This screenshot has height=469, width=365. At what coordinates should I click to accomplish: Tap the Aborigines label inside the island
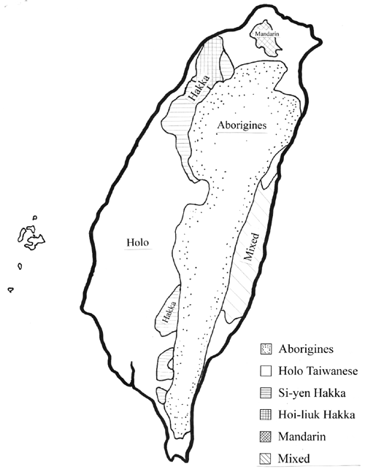click(x=242, y=125)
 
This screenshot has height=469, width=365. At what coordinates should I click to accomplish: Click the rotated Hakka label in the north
click(x=196, y=90)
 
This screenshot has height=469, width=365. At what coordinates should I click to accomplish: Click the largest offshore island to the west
click(x=29, y=236)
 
